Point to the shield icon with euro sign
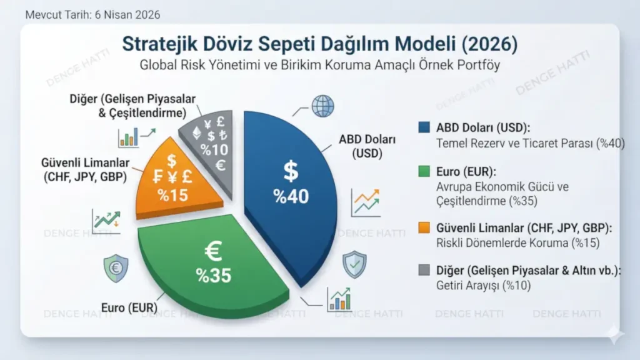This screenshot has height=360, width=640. click(x=116, y=268)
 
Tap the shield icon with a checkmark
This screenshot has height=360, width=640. click(x=354, y=264)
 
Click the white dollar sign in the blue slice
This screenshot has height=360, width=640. click(x=291, y=171)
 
